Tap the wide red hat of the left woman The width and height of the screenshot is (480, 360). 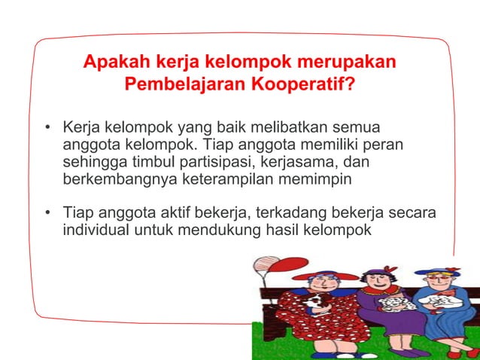pos(316,274)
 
